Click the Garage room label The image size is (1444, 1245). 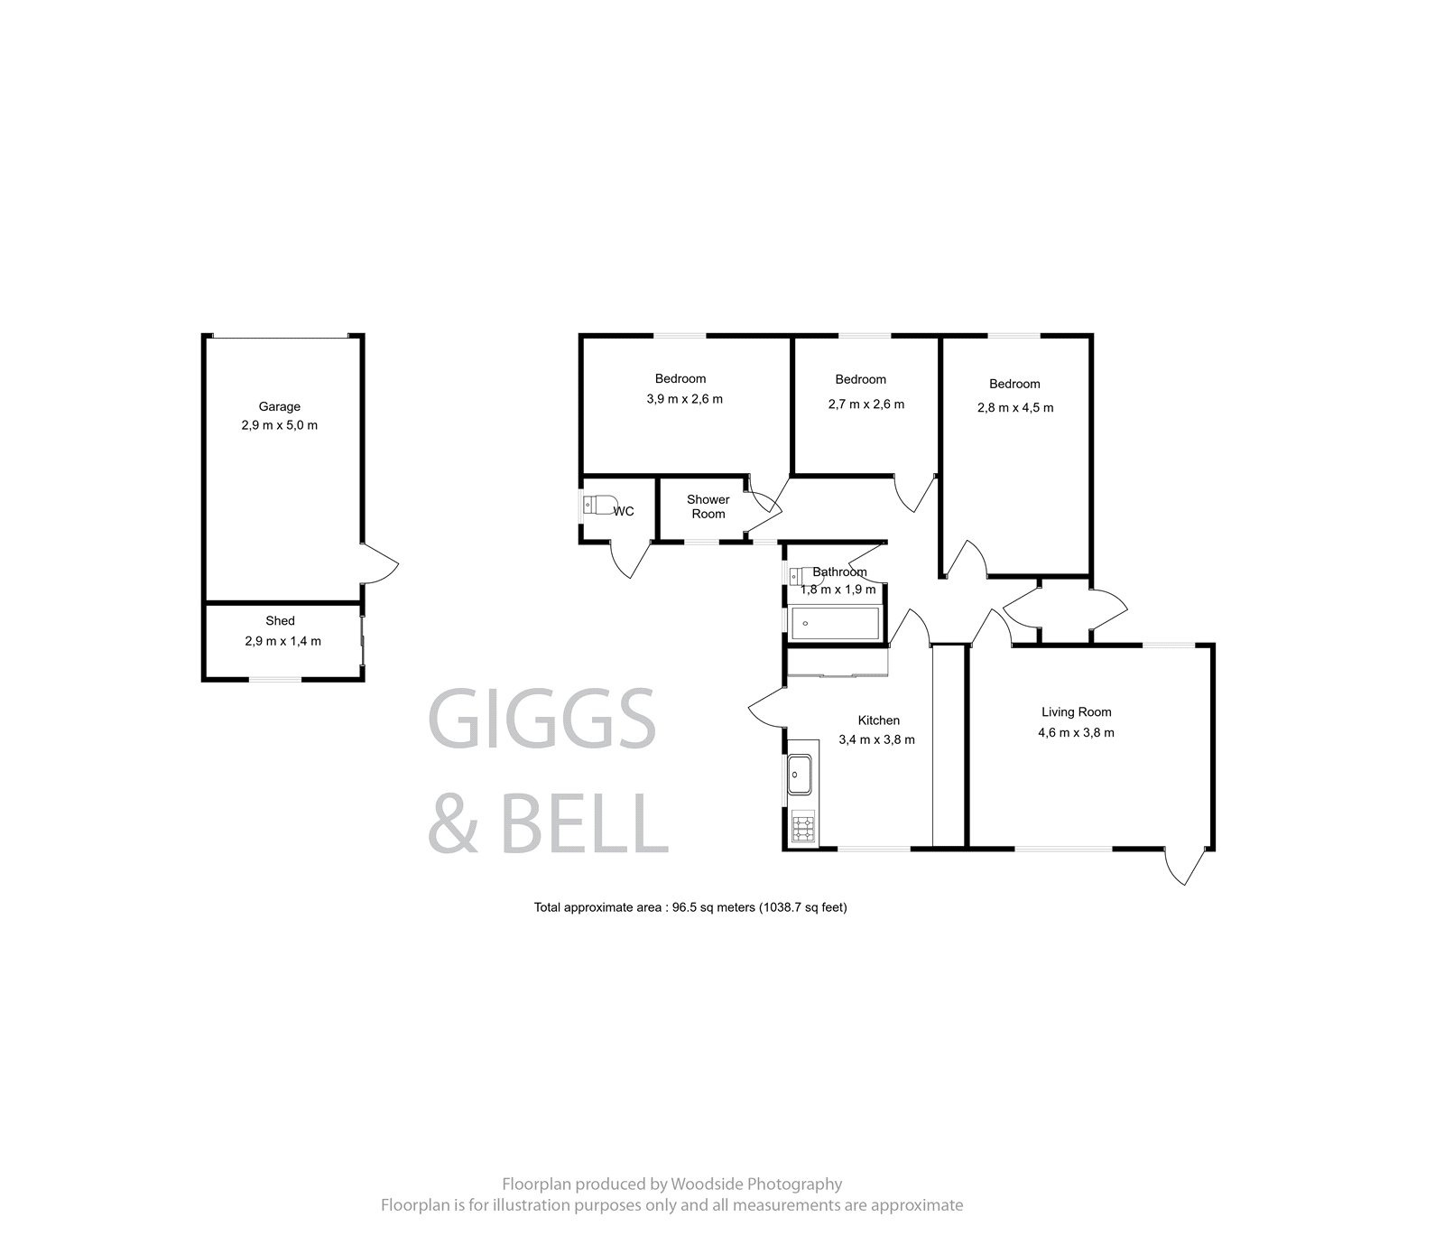[279, 406]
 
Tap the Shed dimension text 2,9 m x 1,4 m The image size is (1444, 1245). [282, 641]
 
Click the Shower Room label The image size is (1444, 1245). [708, 506]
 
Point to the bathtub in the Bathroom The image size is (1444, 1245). [834, 624]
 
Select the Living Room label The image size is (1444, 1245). [1076, 711]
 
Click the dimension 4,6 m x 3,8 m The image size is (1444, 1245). [1076, 732]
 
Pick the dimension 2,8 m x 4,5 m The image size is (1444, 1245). [1014, 407]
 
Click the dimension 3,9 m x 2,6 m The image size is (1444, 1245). [684, 398]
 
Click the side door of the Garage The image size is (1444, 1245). [379, 564]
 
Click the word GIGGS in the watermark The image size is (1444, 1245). [541, 719]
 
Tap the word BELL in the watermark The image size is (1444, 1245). [584, 824]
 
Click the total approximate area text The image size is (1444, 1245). [690, 907]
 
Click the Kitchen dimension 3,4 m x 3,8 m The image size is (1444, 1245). [876, 739]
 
